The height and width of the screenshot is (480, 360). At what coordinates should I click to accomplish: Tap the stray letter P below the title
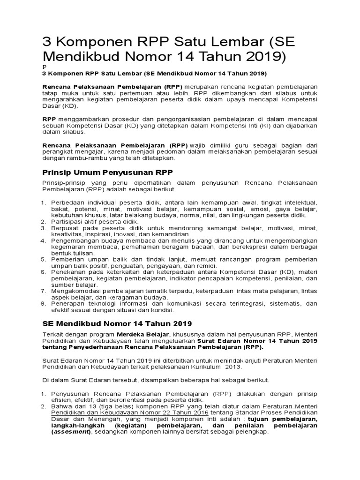(x=44, y=67)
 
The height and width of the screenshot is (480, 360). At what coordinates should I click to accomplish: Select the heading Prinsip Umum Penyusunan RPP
(x=107, y=172)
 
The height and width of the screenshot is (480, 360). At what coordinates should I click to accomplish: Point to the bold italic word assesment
(x=73, y=432)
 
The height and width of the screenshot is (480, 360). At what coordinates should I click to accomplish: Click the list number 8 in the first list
(x=42, y=304)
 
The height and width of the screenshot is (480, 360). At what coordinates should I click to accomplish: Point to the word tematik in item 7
(x=170, y=291)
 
